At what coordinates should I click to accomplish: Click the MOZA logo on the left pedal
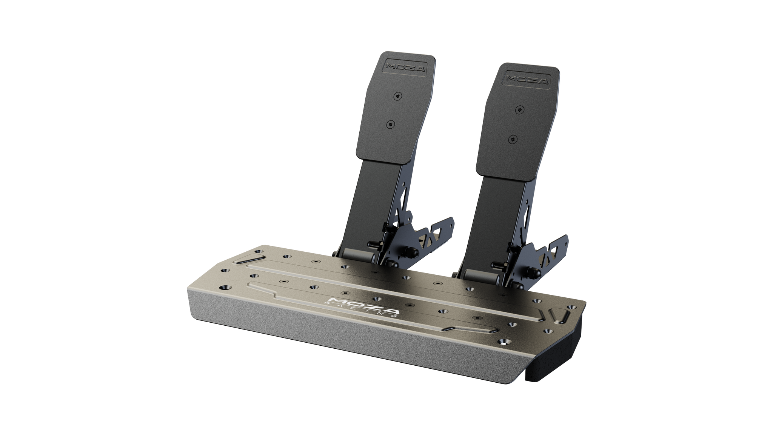[x=401, y=68]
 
